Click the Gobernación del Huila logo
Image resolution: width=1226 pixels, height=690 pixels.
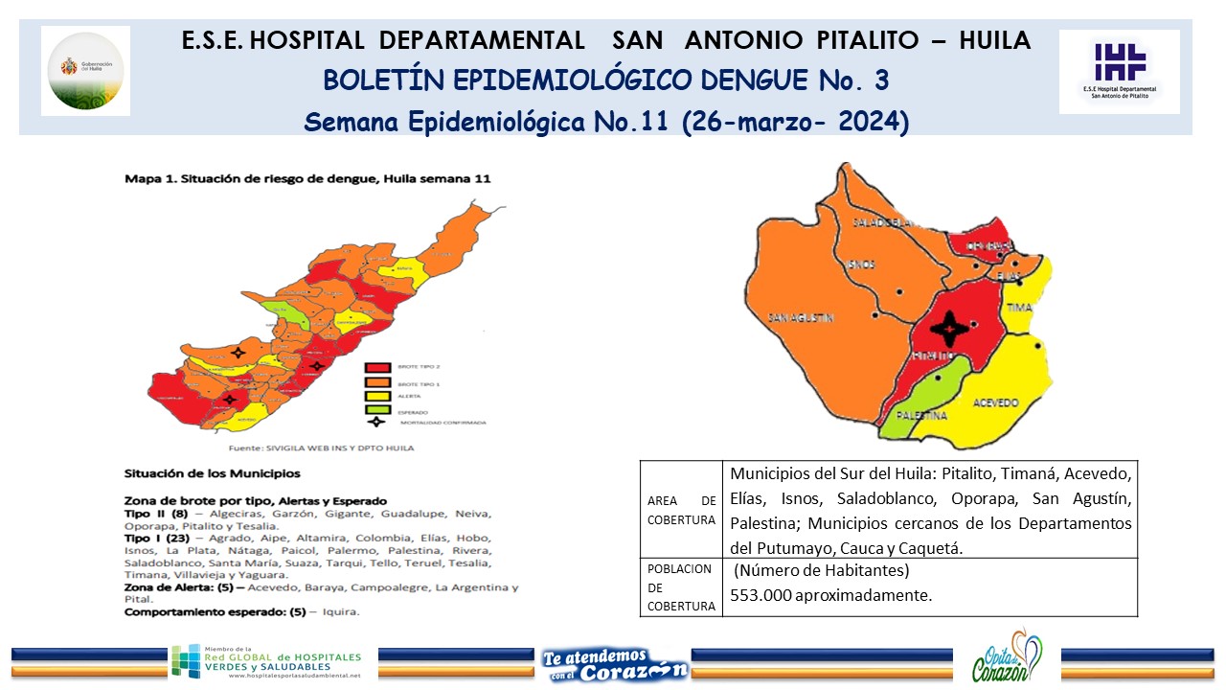coord(86,71)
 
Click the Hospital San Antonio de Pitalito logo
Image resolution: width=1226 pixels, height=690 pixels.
coord(1120,71)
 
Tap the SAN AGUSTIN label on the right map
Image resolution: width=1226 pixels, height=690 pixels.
coord(801,317)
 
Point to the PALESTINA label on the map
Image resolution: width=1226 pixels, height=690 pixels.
coord(921,416)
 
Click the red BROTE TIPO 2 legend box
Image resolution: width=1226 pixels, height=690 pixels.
coord(376,367)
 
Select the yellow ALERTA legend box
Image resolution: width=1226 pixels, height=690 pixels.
coord(376,395)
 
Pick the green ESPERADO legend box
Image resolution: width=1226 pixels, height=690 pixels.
coord(376,409)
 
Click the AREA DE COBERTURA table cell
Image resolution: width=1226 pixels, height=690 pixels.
coord(681,510)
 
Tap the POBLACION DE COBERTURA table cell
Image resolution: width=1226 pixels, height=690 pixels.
coord(681,586)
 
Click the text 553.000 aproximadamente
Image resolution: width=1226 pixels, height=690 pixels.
coord(830,595)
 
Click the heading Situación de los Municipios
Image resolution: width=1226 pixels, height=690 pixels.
coord(212,473)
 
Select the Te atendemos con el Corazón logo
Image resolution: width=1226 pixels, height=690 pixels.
coord(613,663)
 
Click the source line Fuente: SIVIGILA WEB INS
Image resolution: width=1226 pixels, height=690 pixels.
coord(321,448)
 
